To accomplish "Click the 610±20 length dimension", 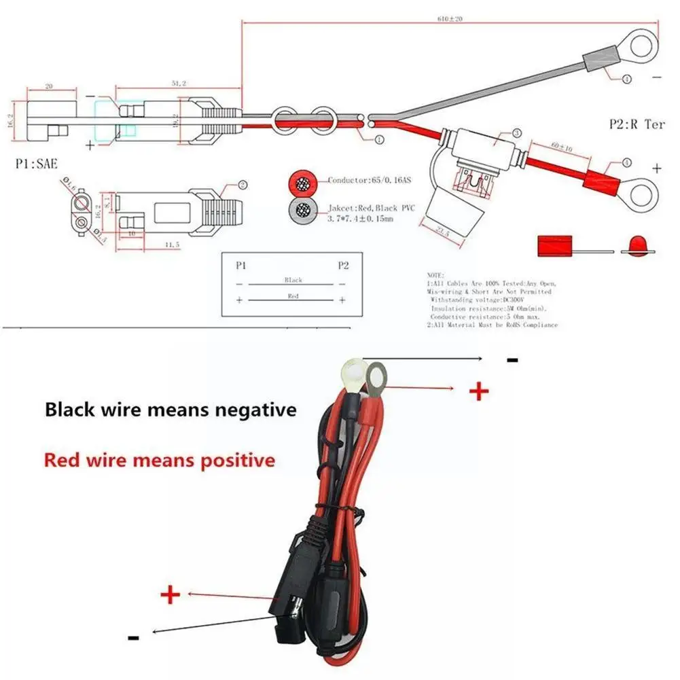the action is click(x=450, y=19).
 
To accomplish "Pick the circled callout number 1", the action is click(x=379, y=140).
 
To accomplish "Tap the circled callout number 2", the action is click(x=243, y=185).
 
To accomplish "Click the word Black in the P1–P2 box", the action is click(x=293, y=280).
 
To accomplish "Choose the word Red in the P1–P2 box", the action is click(x=293, y=297).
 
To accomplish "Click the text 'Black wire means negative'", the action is click(x=171, y=410).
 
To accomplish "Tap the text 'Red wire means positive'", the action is click(x=160, y=460).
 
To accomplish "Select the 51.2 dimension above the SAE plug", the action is click(x=178, y=83).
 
